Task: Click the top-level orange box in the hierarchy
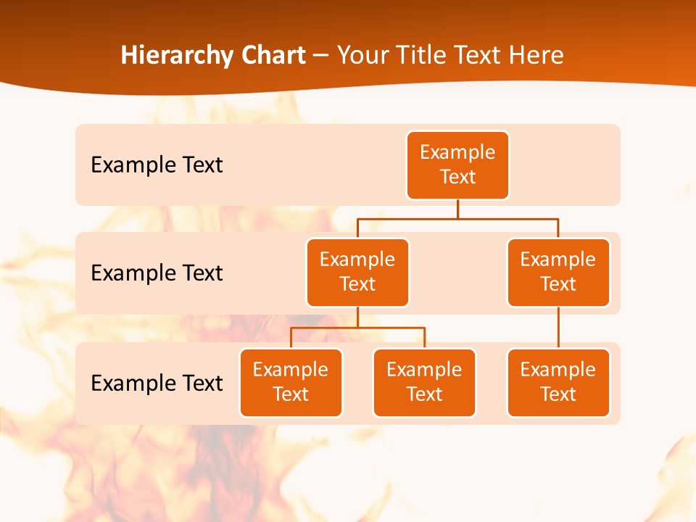tap(457, 165)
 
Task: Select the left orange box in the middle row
tap(357, 272)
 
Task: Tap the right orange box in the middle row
tap(558, 272)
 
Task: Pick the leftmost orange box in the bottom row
tap(291, 382)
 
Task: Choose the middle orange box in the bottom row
tap(424, 382)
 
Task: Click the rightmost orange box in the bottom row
tap(558, 382)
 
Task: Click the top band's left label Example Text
tap(157, 165)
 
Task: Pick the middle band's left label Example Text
tap(157, 273)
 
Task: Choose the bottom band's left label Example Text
tap(157, 383)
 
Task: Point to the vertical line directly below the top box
tap(457, 209)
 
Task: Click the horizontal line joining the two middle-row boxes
tap(457, 218)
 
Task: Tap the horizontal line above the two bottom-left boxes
tap(357, 328)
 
